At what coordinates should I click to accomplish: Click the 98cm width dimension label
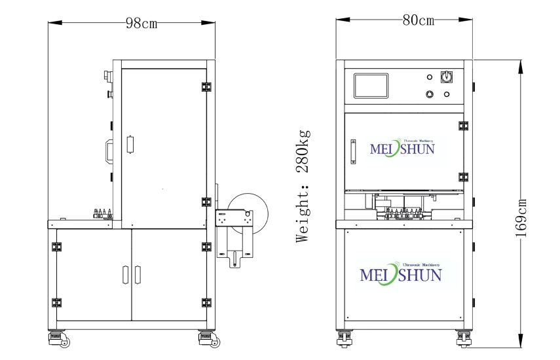pyautogui.click(x=141, y=23)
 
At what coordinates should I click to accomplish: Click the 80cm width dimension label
pyautogui.click(x=419, y=20)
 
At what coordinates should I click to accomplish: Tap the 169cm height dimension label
pyautogui.click(x=521, y=218)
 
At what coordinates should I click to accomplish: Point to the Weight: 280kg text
pyautogui.click(x=303, y=186)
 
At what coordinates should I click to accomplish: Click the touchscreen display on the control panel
pyautogui.click(x=371, y=86)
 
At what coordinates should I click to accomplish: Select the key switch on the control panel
pyautogui.click(x=445, y=77)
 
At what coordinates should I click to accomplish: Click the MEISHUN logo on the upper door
pyautogui.click(x=402, y=148)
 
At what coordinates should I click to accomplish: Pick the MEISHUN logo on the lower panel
pyautogui.click(x=401, y=275)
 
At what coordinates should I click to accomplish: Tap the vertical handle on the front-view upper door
pyautogui.click(x=353, y=152)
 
